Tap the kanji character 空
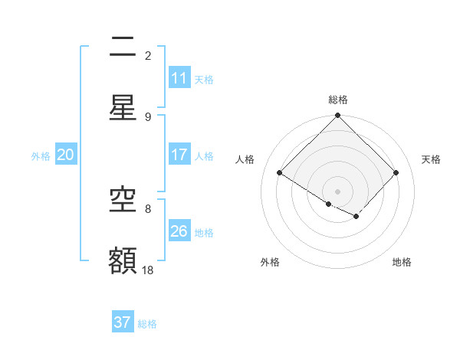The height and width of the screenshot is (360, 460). (123, 200)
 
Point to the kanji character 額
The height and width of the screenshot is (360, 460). (123, 260)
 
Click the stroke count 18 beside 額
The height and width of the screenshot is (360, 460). (148, 270)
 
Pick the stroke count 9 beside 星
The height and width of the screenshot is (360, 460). (148, 116)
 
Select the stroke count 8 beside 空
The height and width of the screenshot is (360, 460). (148, 208)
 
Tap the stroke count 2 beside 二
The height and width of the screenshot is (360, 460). (148, 55)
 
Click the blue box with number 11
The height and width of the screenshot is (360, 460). (179, 78)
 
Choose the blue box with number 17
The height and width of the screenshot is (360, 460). (179, 155)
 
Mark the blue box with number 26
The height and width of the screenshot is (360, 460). (179, 231)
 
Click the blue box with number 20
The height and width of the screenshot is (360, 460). (66, 155)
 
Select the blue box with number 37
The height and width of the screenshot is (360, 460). (123, 322)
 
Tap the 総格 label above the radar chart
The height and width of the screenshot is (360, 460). (338, 100)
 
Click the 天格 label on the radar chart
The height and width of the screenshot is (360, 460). (432, 159)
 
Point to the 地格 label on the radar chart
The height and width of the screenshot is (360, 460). (402, 262)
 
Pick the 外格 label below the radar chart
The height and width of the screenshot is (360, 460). (270, 262)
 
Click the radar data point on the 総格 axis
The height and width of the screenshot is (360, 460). (338, 116)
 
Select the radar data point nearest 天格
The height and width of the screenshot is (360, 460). (396, 173)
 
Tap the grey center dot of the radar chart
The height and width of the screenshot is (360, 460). (338, 191)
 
